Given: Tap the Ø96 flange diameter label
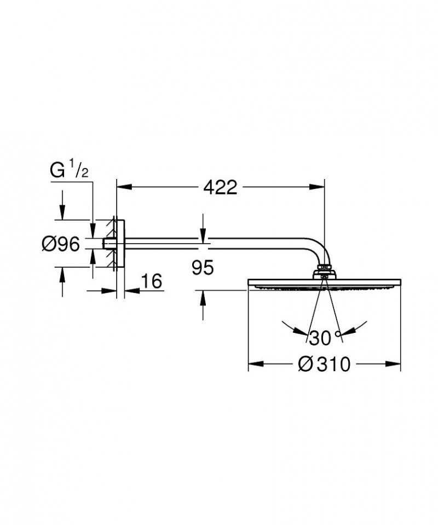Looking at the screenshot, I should click(61, 244).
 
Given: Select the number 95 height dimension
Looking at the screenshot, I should click(203, 268).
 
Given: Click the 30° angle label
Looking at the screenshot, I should click(322, 338).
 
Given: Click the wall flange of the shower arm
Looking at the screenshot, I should click(120, 244).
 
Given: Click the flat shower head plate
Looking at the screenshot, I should click(325, 283).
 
